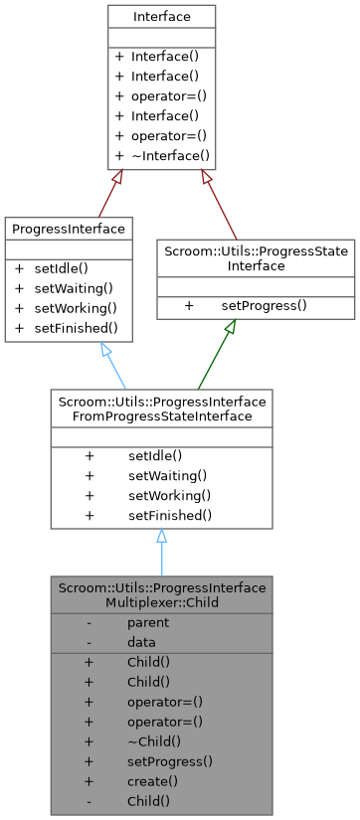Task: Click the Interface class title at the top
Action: [161, 18]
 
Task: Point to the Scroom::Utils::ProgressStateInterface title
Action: [256, 258]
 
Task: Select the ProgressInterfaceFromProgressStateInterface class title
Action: [161, 409]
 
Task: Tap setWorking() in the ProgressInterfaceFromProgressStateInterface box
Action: [167, 495]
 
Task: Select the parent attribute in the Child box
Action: [147, 623]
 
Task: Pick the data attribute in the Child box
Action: [141, 642]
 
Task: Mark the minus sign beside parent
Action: [90, 623]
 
